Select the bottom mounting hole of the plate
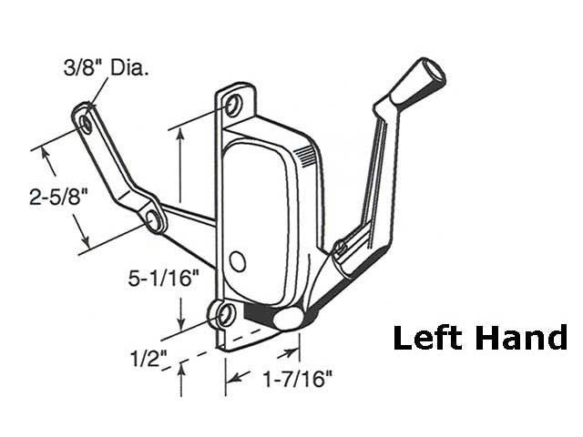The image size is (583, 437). pos(224,314)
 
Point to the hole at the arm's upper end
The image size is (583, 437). pos(86,119)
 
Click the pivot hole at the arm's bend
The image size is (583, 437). pos(152,218)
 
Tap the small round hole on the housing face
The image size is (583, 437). pos(238,262)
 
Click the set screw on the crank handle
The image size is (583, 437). pos(340,247)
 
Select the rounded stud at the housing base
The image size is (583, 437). pos(287,318)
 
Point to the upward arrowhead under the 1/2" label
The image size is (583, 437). pos(182,370)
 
